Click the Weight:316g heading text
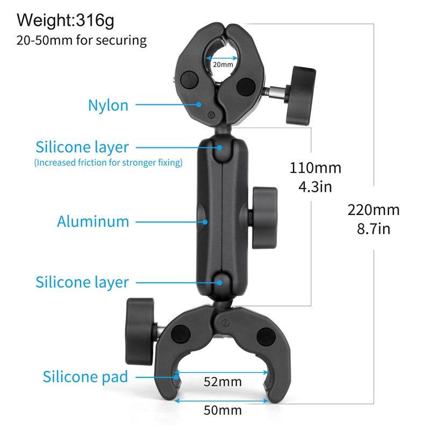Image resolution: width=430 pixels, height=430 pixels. (x=66, y=20)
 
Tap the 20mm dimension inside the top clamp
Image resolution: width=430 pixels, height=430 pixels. (x=223, y=64)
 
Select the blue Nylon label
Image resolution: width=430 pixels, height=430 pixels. (x=108, y=105)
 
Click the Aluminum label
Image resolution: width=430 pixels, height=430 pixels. (x=93, y=221)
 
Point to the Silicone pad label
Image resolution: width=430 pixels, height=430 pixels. (x=85, y=376)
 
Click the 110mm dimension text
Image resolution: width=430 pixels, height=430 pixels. (x=316, y=168)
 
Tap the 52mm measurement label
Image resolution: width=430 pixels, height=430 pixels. (x=222, y=382)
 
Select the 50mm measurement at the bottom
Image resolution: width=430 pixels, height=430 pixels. (x=222, y=411)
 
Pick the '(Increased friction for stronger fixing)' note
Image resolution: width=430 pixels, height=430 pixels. (x=108, y=162)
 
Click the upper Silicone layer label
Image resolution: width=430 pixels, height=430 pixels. (x=82, y=147)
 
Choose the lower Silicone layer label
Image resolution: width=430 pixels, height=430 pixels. (x=82, y=282)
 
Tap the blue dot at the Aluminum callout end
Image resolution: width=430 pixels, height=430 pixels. (x=204, y=220)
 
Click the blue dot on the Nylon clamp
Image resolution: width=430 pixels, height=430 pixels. (x=199, y=104)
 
